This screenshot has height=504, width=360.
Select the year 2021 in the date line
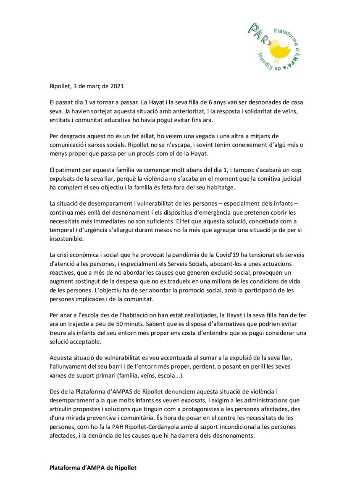click(115, 87)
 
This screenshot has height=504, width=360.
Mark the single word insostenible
click(66, 238)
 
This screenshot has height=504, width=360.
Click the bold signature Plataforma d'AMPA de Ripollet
click(93, 467)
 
